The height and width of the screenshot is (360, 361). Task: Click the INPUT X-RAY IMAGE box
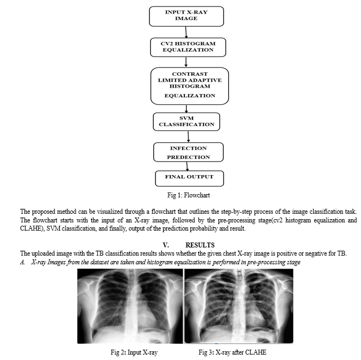coord(186,16)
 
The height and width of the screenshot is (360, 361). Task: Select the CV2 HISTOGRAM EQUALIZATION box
coord(188,47)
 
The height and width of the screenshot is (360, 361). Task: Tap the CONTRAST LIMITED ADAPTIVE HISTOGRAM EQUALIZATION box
coord(190,86)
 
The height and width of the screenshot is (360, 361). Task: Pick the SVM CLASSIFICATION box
coord(186,122)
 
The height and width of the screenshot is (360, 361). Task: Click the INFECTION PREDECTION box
coord(188,152)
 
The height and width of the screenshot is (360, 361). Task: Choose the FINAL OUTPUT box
coord(189,178)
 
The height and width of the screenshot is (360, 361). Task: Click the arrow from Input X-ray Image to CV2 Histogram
coord(186,32)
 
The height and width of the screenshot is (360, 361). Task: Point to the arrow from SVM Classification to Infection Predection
coord(188,137)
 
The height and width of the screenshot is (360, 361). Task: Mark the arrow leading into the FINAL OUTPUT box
coord(187,166)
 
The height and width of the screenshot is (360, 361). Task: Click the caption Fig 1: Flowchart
coord(189,195)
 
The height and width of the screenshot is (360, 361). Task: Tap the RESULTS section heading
coord(200,245)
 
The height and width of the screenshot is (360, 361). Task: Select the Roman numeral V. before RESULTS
coord(166,245)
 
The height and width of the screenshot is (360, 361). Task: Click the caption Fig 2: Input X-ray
coord(134,352)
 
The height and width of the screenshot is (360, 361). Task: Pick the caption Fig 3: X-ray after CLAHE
coord(232,352)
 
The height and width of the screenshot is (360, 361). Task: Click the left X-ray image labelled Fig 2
coord(130,306)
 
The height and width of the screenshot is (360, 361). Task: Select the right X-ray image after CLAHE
coord(239,306)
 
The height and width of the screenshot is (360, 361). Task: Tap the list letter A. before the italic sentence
coord(23,262)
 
